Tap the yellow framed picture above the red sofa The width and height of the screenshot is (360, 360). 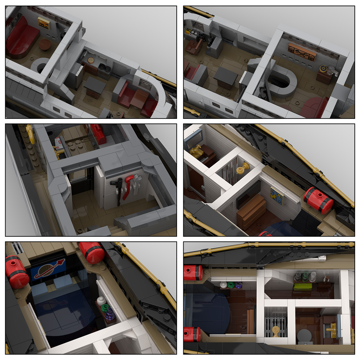click(43, 23)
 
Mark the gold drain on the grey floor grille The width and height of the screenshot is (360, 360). click(276, 331)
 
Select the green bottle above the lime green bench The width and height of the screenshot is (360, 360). click(305, 277)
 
